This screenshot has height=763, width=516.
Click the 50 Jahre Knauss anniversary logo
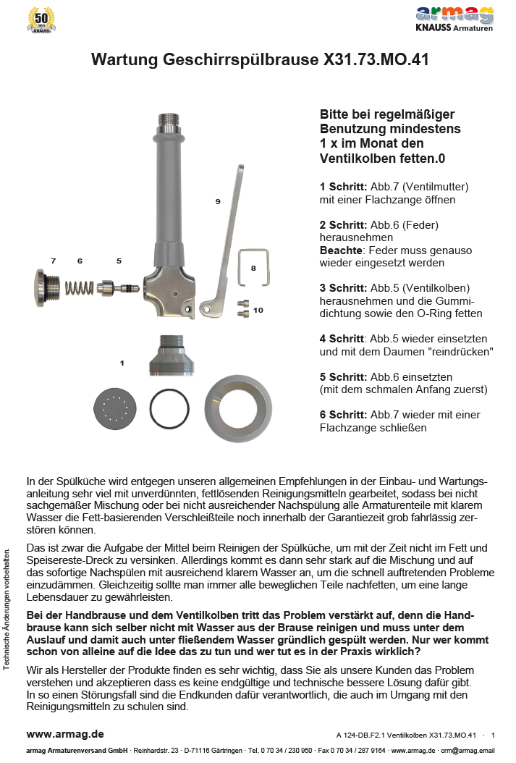click(41, 20)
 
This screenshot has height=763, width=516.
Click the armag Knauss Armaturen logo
click(454, 19)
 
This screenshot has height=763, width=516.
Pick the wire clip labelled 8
click(255, 267)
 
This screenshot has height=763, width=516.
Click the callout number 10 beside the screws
click(258, 310)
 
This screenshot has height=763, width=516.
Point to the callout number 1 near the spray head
click(122, 362)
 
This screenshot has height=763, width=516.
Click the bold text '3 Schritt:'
click(344, 287)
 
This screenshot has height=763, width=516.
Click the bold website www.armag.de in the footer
click(65, 735)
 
